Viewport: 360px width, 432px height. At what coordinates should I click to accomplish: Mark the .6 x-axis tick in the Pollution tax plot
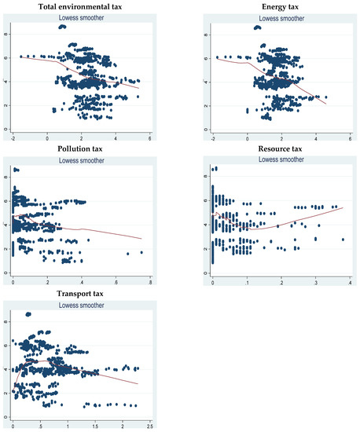pyautogui.click(x=110, y=280)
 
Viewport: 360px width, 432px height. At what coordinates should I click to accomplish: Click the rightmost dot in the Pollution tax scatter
pyautogui.click(x=141, y=252)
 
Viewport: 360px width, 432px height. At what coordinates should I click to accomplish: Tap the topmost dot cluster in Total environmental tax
pyautogui.click(x=63, y=27)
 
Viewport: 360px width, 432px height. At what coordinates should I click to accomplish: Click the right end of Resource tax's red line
pyautogui.click(x=342, y=207)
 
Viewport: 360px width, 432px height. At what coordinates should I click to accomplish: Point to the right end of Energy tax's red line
pyautogui.click(x=325, y=103)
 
